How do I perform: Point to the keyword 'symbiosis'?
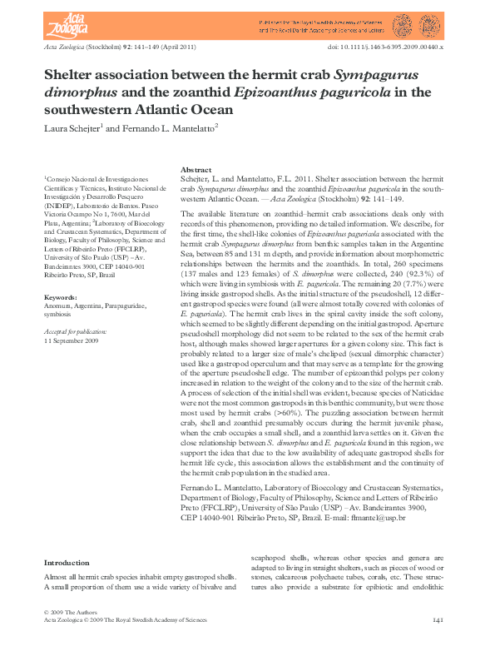[x=58, y=315]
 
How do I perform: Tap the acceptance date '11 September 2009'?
[x=72, y=340]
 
